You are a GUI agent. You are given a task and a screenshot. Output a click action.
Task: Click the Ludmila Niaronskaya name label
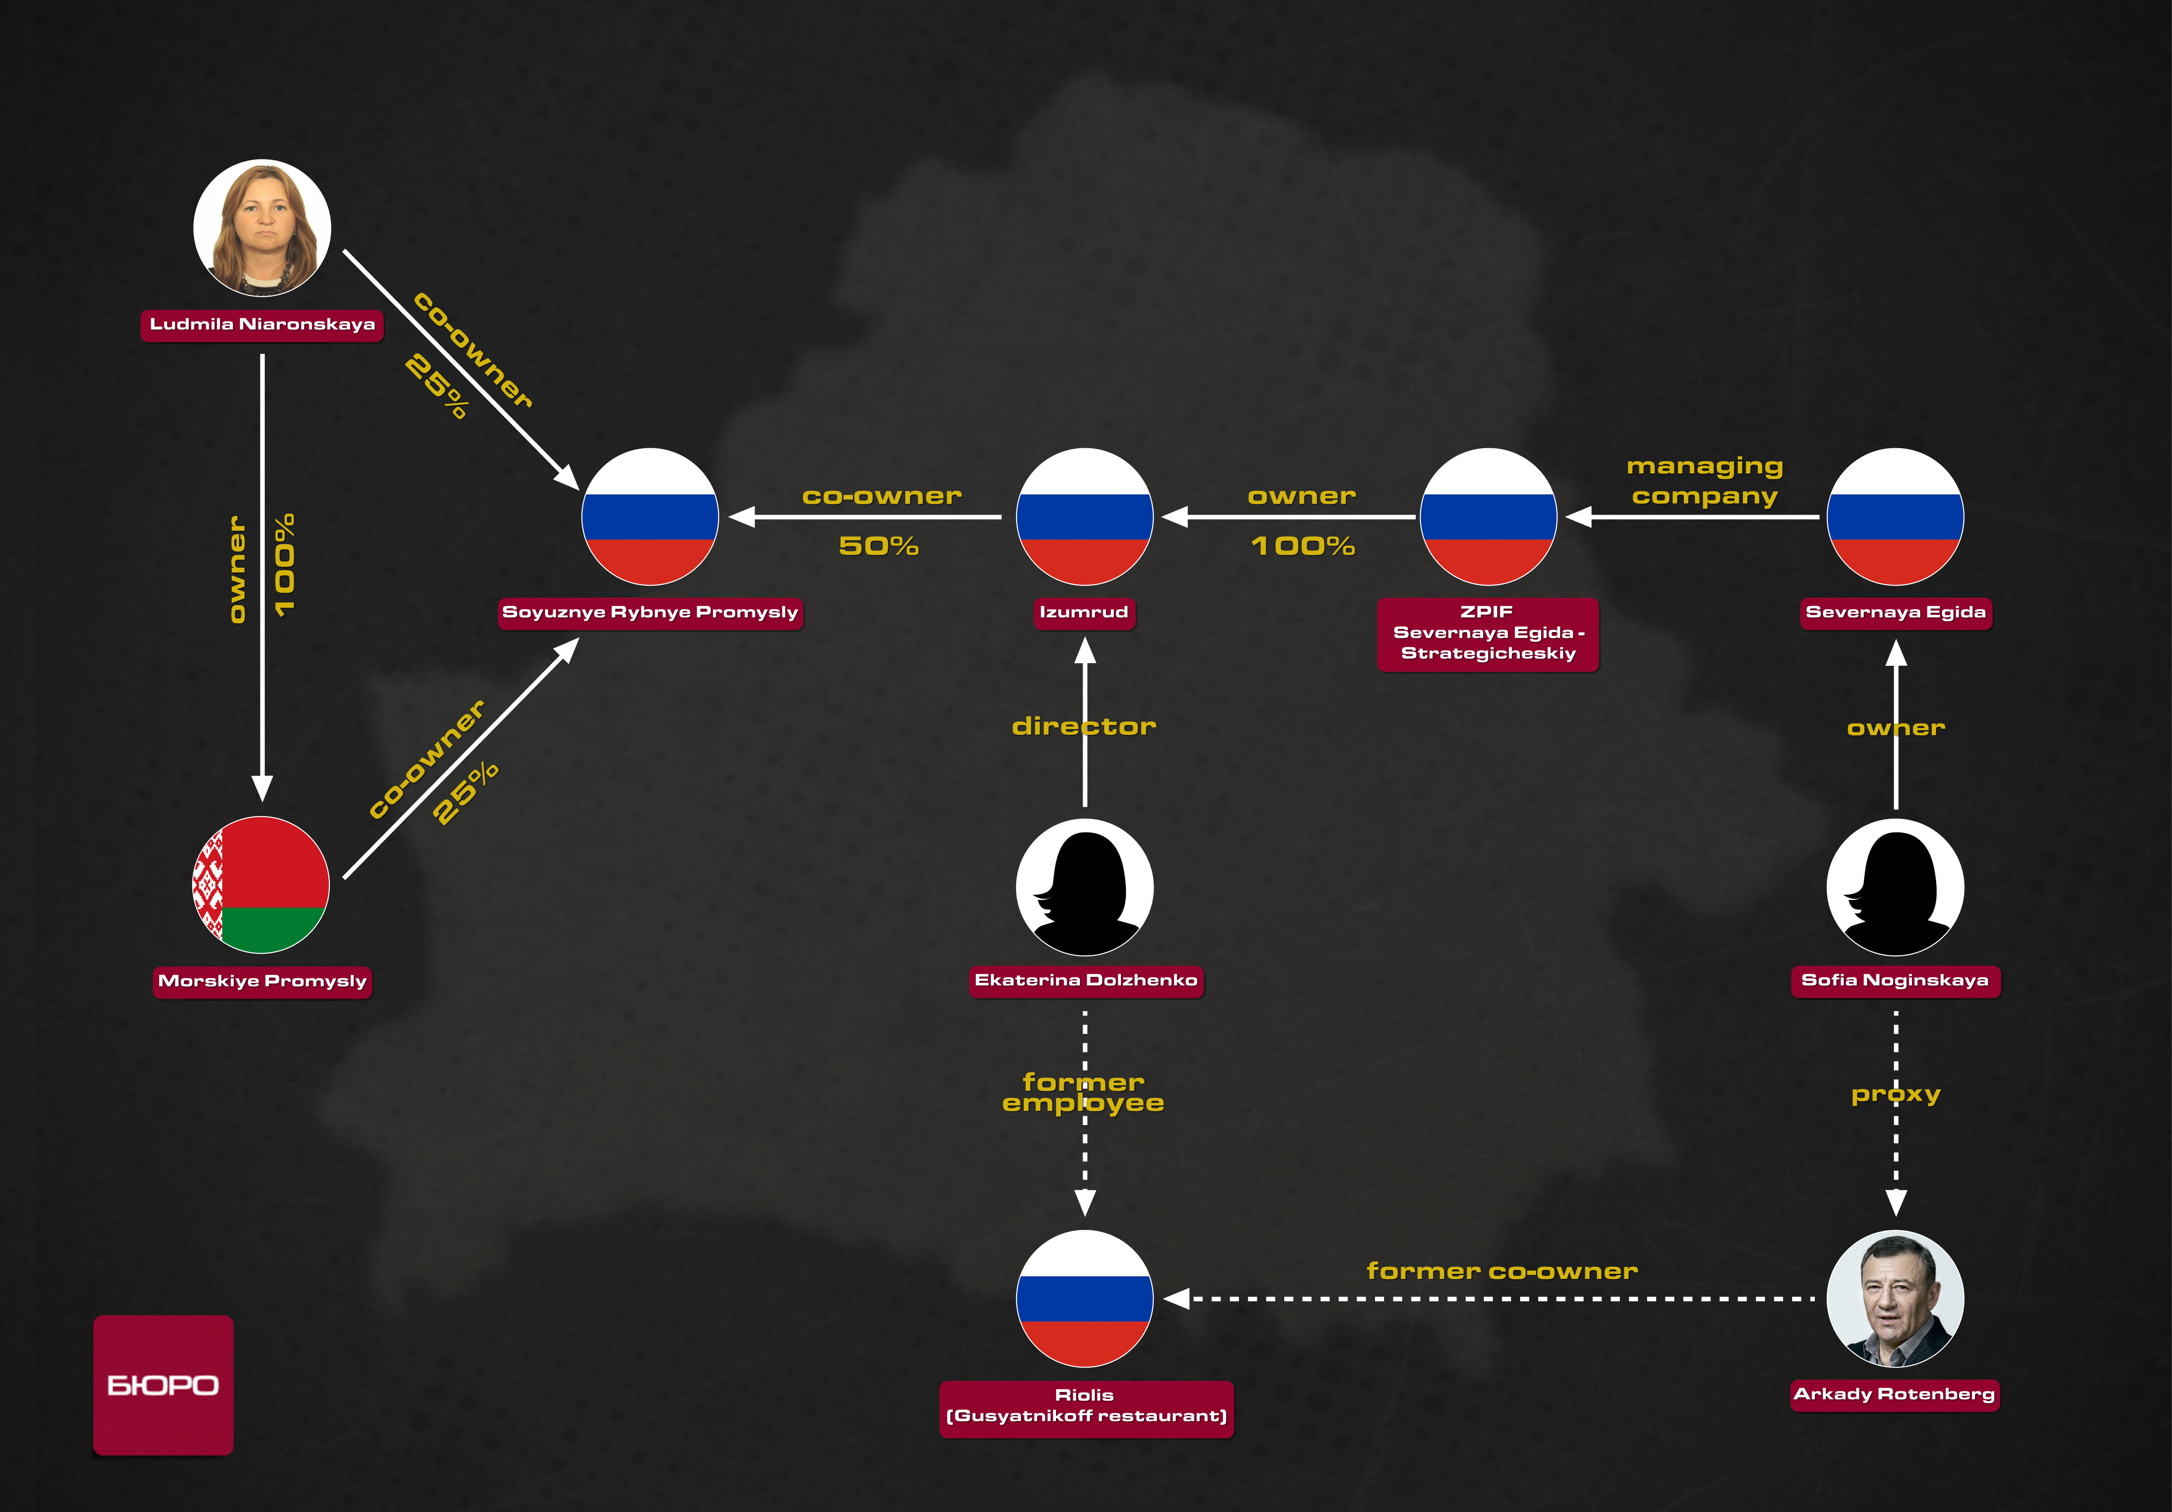point(262,324)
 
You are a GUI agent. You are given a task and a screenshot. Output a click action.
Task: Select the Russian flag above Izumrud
point(1085,517)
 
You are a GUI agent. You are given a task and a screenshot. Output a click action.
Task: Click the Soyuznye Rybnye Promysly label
point(651,612)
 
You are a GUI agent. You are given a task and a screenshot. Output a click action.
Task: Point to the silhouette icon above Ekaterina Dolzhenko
point(1085,887)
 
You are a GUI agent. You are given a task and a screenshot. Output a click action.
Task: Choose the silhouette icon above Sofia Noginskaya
point(1896,887)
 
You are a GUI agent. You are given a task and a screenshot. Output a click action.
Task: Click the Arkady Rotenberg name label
point(1895,1394)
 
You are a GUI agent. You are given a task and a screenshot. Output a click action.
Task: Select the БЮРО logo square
point(164,1384)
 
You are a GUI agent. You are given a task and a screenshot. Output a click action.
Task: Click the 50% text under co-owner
point(879,546)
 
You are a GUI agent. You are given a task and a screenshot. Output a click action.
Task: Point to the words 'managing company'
point(1705,482)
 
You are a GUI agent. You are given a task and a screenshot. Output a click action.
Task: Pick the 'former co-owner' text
point(1502,1271)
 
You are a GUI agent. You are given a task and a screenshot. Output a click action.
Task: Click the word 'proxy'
point(1896,1095)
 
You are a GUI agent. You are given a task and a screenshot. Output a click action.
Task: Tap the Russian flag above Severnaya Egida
point(1896,517)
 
